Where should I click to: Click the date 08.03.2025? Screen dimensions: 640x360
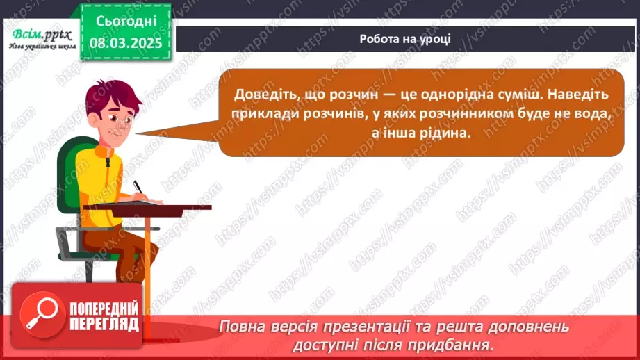[x=126, y=42]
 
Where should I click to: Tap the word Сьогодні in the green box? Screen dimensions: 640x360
[x=126, y=22]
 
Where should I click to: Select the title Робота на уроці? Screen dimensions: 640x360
[x=405, y=39]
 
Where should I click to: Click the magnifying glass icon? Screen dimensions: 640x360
[x=43, y=315]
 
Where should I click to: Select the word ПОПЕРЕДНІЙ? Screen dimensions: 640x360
[x=104, y=309]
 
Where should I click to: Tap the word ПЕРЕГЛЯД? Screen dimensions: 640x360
[x=104, y=325]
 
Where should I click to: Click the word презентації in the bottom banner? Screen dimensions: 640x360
[x=365, y=327]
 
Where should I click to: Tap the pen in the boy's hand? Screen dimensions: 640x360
[x=138, y=187]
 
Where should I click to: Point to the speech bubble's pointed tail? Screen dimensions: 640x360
[x=179, y=131]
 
